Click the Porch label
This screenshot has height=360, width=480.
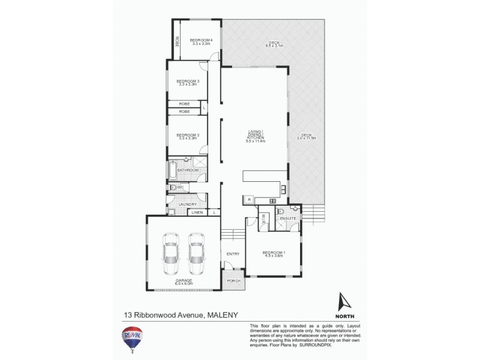pyautogui.click(x=233, y=280)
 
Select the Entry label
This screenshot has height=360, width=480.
pyautogui.click(x=233, y=254)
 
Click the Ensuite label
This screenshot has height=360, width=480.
pyautogui.click(x=289, y=218)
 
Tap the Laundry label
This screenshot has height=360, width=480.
pyautogui.click(x=188, y=205)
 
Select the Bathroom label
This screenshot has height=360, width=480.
pyautogui.click(x=187, y=170)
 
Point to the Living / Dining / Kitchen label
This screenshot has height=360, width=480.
pyautogui.click(x=255, y=136)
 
